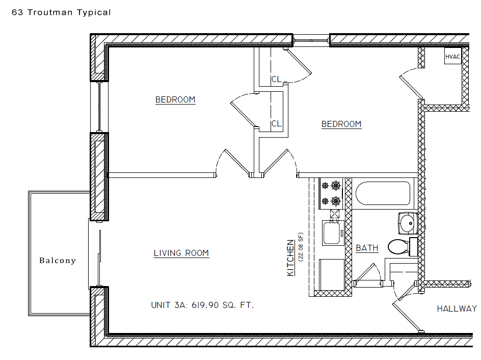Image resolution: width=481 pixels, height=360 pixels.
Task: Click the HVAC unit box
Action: coord(452,57)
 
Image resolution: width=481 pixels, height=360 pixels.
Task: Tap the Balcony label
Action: coord(58,261)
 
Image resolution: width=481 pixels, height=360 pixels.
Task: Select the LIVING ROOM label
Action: coord(181,253)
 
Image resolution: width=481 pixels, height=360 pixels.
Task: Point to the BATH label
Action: coord(367,248)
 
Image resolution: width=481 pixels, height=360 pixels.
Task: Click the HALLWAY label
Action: coord(457,308)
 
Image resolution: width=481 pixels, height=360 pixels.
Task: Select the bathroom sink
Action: coord(407,222)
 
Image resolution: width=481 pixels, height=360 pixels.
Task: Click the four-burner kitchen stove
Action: coord(330,193)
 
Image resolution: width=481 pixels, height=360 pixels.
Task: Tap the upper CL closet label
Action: coord(276,79)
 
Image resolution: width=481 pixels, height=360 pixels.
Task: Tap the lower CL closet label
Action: coord(276,123)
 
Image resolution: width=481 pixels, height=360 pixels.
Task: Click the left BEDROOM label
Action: coord(175,100)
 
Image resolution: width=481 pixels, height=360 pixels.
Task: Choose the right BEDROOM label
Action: coord(341,124)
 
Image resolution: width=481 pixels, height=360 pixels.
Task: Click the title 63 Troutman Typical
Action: coord(61,12)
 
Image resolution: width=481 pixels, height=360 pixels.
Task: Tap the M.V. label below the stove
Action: coord(334,221)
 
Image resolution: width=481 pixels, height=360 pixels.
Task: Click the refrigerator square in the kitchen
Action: coord(332,274)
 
